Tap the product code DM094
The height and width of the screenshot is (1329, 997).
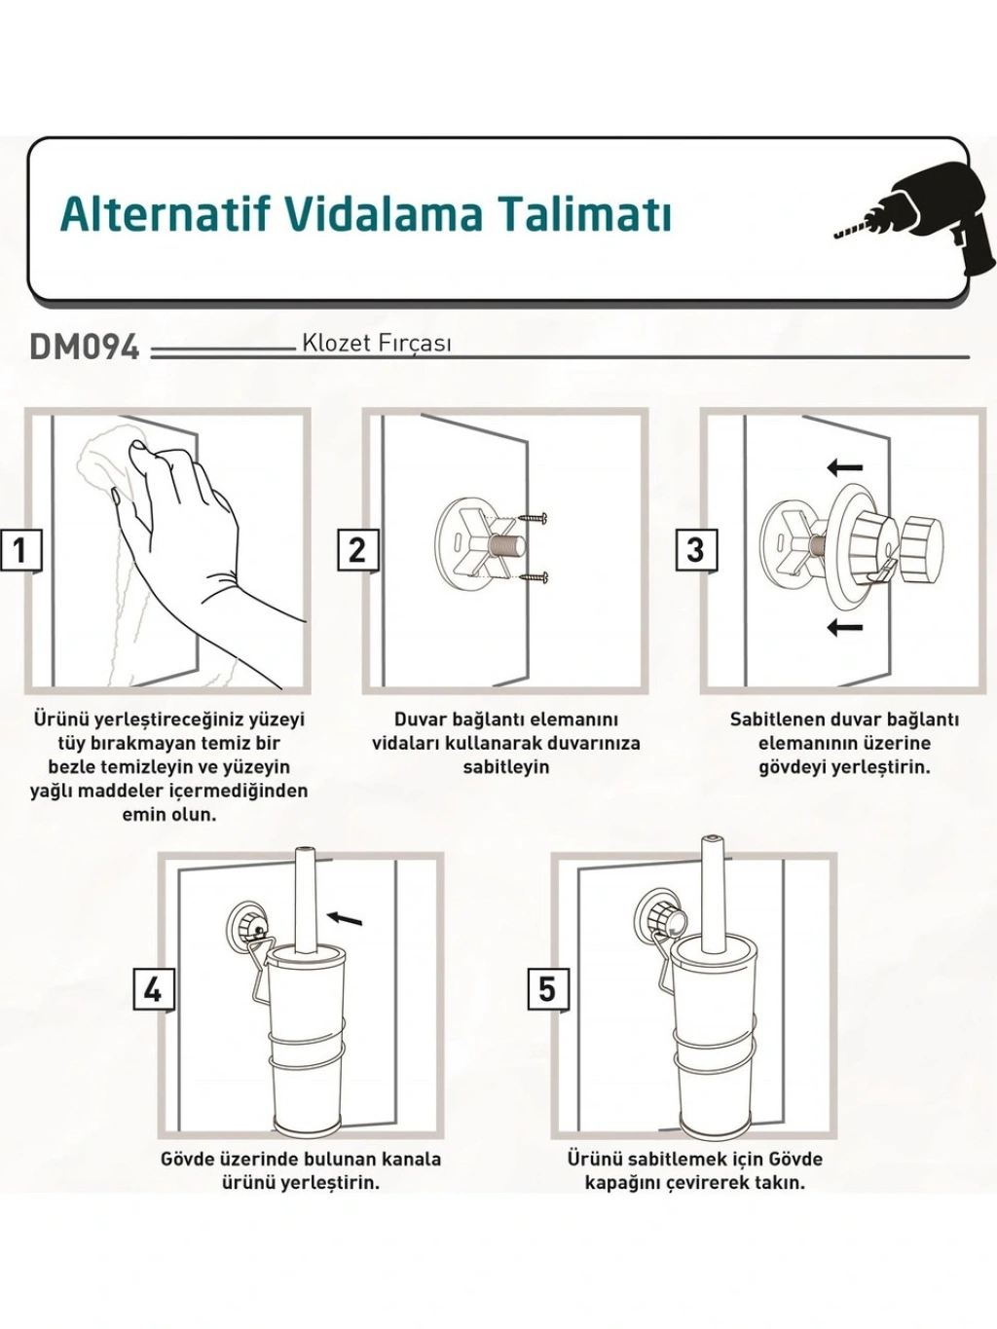[85, 348]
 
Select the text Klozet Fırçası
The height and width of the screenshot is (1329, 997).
[377, 345]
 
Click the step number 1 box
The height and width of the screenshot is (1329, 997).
[20, 550]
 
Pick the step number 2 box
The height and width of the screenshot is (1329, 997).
[358, 550]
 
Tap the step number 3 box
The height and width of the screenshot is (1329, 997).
[697, 550]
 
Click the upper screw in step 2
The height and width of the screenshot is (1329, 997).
[534, 518]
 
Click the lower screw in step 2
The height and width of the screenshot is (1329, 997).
[534, 578]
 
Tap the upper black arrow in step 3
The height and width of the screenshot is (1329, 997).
[845, 466]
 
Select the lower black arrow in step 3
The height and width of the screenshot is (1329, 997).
[845, 627]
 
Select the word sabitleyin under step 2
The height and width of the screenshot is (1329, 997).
[506, 767]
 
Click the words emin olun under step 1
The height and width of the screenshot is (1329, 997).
[169, 814]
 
